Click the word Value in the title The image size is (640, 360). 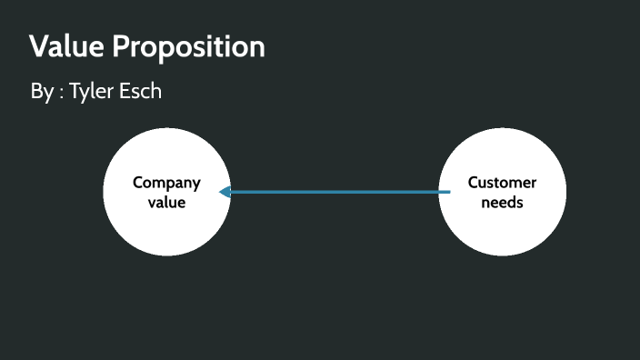pos(66,46)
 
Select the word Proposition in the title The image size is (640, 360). pos(189,47)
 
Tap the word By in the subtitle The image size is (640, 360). pos(42,92)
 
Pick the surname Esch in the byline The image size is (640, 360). pos(143,92)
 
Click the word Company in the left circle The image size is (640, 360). pos(166,183)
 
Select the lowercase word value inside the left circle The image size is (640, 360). pos(166,202)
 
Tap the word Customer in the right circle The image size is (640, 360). pos(502,183)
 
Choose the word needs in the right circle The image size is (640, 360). pos(502,202)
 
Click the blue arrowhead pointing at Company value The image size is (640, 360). pos(225,192)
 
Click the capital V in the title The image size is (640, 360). pos(38,46)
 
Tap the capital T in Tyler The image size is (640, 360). pos(75,92)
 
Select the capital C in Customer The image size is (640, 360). pos(474,183)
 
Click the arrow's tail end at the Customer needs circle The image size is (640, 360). pos(449,192)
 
